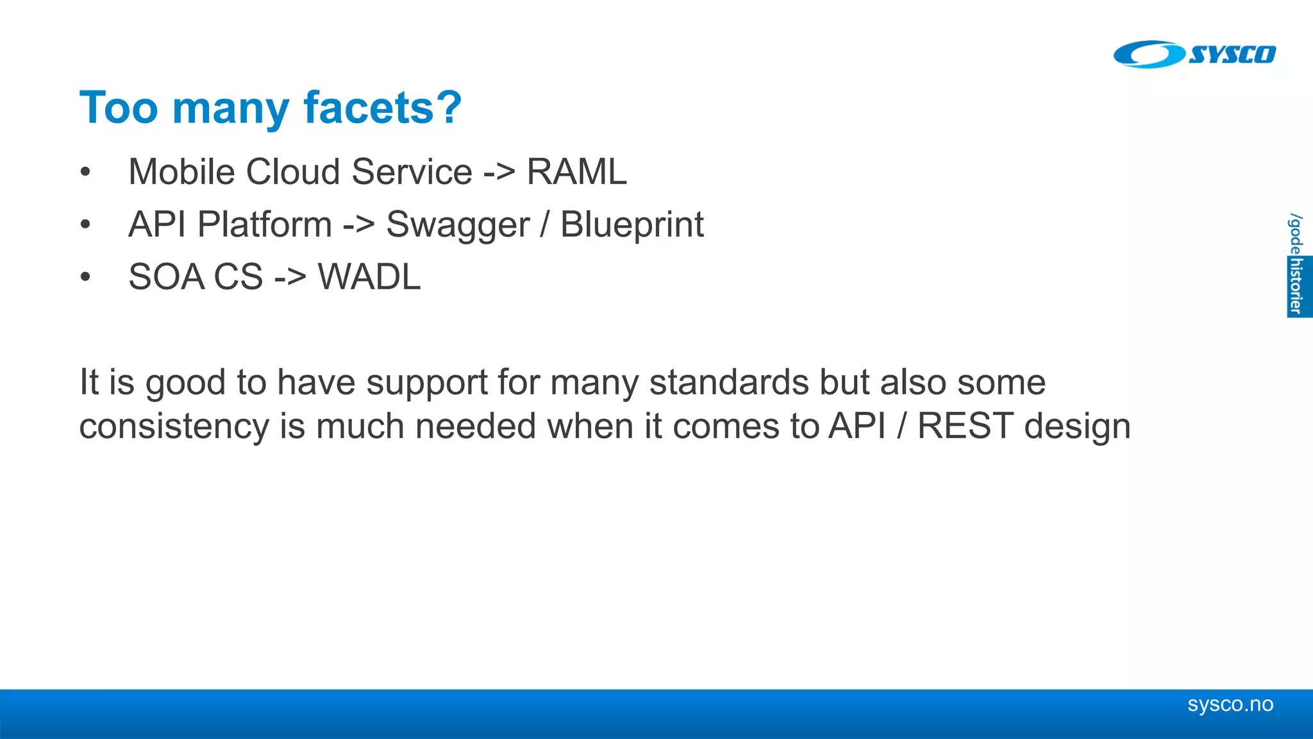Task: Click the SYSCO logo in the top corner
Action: (1194, 55)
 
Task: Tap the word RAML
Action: (576, 172)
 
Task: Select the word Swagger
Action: (458, 225)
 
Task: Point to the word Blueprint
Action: (631, 225)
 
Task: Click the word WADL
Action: (369, 277)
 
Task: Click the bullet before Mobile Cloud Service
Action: (85, 173)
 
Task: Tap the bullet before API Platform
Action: (85, 225)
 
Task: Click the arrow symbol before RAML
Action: (499, 173)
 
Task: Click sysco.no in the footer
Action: (1230, 704)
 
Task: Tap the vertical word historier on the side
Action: (1297, 286)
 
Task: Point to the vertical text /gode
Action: (1296, 234)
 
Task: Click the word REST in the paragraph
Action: (964, 426)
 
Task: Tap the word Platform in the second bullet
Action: (264, 225)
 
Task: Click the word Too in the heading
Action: (118, 107)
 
